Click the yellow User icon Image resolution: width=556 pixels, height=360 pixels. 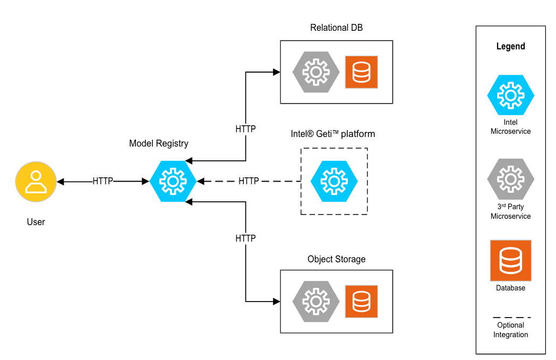(x=36, y=182)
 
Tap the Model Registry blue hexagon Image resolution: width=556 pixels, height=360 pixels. (x=173, y=182)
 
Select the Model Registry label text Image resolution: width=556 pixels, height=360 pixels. (x=158, y=143)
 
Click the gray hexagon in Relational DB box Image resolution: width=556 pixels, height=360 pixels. (x=316, y=72)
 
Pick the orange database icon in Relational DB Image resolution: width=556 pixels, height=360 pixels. (x=361, y=72)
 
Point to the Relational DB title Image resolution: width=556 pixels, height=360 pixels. (x=336, y=28)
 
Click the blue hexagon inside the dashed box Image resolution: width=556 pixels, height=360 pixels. (x=334, y=181)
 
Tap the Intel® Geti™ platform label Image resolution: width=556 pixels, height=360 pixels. (x=332, y=134)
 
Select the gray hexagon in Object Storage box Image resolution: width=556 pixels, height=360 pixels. (x=316, y=302)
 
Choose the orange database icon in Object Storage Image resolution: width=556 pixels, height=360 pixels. (x=361, y=302)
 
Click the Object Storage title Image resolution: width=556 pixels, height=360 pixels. (x=336, y=259)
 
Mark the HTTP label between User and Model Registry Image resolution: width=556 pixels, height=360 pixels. (x=102, y=181)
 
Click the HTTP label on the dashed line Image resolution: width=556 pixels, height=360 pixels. (x=249, y=181)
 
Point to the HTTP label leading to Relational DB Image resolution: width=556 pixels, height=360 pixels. (x=245, y=128)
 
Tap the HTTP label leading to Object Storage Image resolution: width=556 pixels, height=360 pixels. (x=245, y=238)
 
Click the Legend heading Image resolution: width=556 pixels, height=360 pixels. (x=510, y=46)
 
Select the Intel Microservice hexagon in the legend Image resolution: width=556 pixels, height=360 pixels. (x=510, y=95)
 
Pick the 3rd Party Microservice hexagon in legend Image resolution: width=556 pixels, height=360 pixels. (x=510, y=179)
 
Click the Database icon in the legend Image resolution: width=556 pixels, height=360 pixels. (x=510, y=260)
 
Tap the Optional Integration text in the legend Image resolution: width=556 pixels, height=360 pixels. (x=510, y=330)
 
